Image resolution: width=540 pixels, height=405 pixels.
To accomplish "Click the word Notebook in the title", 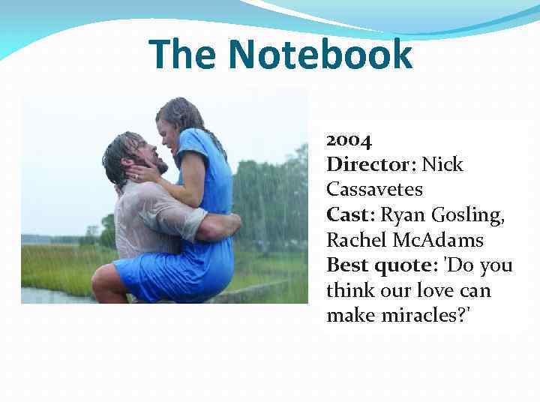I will tap(320, 54).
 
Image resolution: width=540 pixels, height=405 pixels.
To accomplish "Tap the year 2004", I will tap(349, 139).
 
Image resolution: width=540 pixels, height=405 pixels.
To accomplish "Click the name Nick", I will tap(442, 164).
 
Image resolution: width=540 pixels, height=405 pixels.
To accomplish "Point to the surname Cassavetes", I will tap(374, 189).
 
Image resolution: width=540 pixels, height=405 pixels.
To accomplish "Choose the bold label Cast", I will tap(349, 214).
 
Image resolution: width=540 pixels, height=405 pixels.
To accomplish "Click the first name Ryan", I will tap(403, 215).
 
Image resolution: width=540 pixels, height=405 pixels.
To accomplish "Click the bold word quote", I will tap(409, 266).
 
